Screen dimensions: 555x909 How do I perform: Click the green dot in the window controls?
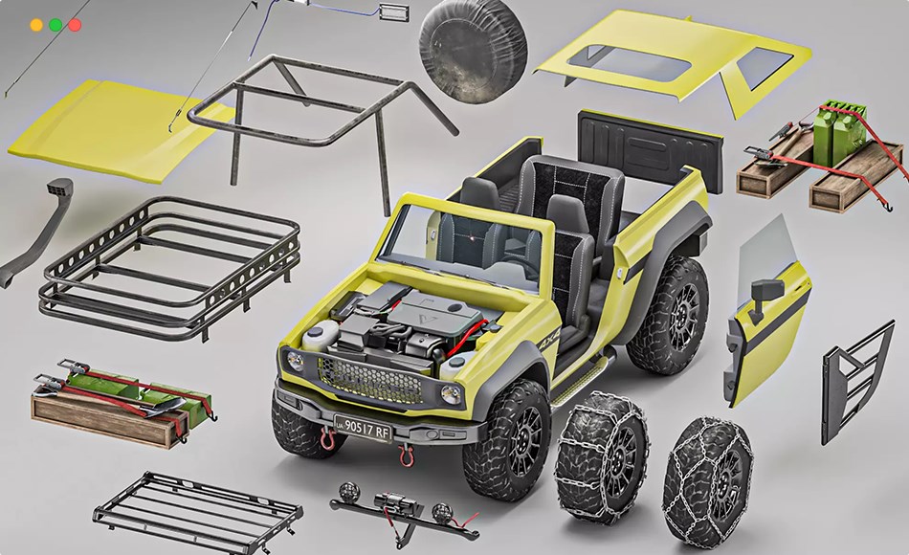[x=55, y=25]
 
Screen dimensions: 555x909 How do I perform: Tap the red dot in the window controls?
[x=75, y=25]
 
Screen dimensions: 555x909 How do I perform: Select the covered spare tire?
[x=472, y=40]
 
